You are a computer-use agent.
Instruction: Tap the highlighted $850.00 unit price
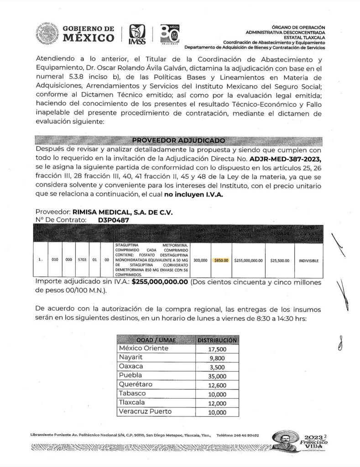221,261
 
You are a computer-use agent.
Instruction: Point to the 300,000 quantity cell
200,261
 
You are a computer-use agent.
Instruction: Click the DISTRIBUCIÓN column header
216,340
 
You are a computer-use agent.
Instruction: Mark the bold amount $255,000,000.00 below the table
160,282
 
